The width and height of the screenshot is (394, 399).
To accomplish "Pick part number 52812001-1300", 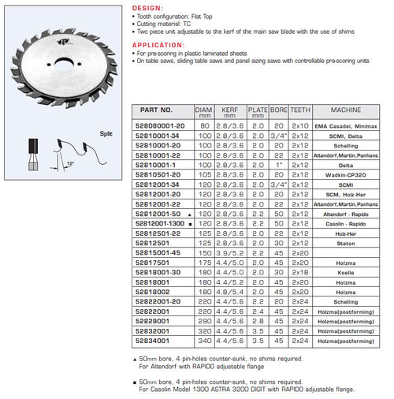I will click(x=160, y=223).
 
